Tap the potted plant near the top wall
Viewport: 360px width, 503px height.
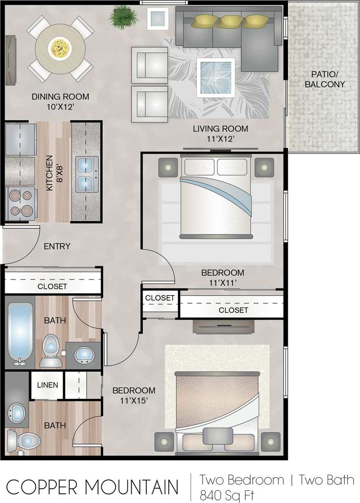(x=124, y=17)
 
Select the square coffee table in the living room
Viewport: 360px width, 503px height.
(x=215, y=77)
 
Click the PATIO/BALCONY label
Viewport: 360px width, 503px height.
(x=324, y=79)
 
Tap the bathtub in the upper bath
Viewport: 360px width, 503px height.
(x=20, y=333)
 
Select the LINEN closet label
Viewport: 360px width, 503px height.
(x=47, y=385)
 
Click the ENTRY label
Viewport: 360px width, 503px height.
(x=57, y=246)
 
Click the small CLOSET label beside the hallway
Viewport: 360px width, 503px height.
(x=160, y=298)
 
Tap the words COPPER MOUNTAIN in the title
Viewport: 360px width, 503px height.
(x=92, y=487)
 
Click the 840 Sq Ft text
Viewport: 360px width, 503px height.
(x=227, y=494)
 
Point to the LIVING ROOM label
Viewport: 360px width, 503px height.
(x=220, y=129)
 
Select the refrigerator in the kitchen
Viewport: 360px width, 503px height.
(x=20, y=139)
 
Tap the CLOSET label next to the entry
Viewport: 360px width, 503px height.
(x=52, y=286)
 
